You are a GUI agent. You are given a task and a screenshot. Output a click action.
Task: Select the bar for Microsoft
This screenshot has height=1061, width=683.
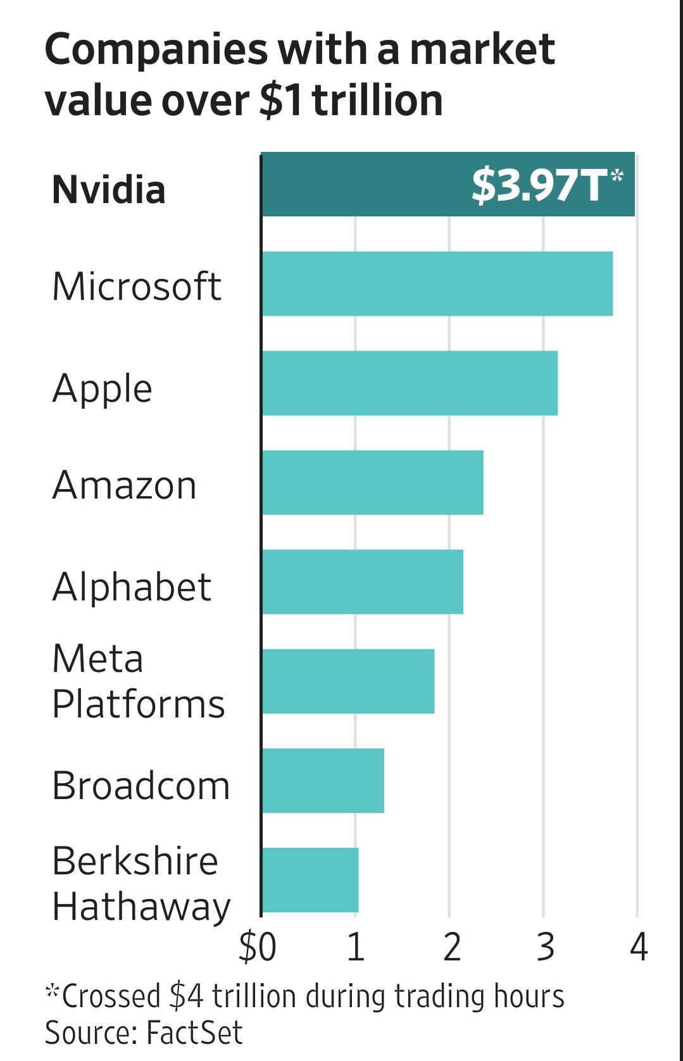(x=437, y=283)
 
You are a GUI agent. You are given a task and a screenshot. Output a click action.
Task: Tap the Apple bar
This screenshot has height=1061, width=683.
(x=410, y=383)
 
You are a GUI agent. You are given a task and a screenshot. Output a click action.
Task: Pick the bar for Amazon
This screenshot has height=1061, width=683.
(x=372, y=482)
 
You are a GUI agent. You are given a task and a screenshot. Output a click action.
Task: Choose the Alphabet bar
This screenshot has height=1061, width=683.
(x=362, y=581)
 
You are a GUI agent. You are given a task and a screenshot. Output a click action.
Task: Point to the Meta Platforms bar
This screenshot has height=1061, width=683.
(x=348, y=681)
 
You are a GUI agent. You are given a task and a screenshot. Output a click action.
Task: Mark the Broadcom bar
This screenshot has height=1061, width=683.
(x=323, y=780)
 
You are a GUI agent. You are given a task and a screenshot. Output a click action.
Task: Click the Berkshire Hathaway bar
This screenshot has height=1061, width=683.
(x=310, y=879)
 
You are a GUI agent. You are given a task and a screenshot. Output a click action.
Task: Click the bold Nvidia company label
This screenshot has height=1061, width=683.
(x=109, y=190)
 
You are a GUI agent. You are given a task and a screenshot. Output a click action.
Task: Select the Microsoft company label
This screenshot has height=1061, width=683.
(x=137, y=287)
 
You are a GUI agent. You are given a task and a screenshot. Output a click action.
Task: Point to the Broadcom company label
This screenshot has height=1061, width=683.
(x=141, y=786)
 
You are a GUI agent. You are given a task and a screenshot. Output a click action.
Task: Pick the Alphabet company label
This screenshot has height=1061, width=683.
(x=132, y=586)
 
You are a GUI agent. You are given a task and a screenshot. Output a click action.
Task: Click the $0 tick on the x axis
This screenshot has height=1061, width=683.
(x=258, y=947)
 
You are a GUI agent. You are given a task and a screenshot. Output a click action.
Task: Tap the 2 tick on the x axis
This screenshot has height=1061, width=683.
(x=451, y=947)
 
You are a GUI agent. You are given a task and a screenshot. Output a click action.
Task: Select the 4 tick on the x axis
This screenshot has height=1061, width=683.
(x=639, y=947)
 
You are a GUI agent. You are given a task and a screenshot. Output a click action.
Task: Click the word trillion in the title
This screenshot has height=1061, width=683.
(x=377, y=101)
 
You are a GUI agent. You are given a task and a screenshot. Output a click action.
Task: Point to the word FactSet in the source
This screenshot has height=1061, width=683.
(x=194, y=1033)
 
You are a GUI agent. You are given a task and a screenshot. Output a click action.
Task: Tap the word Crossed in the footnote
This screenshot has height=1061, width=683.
(x=111, y=996)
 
